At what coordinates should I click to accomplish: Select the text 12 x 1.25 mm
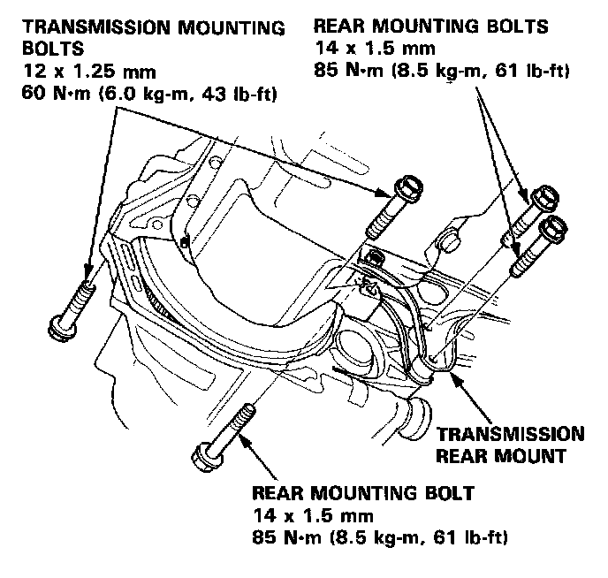76,69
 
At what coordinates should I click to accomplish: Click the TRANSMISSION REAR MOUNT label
511,445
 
